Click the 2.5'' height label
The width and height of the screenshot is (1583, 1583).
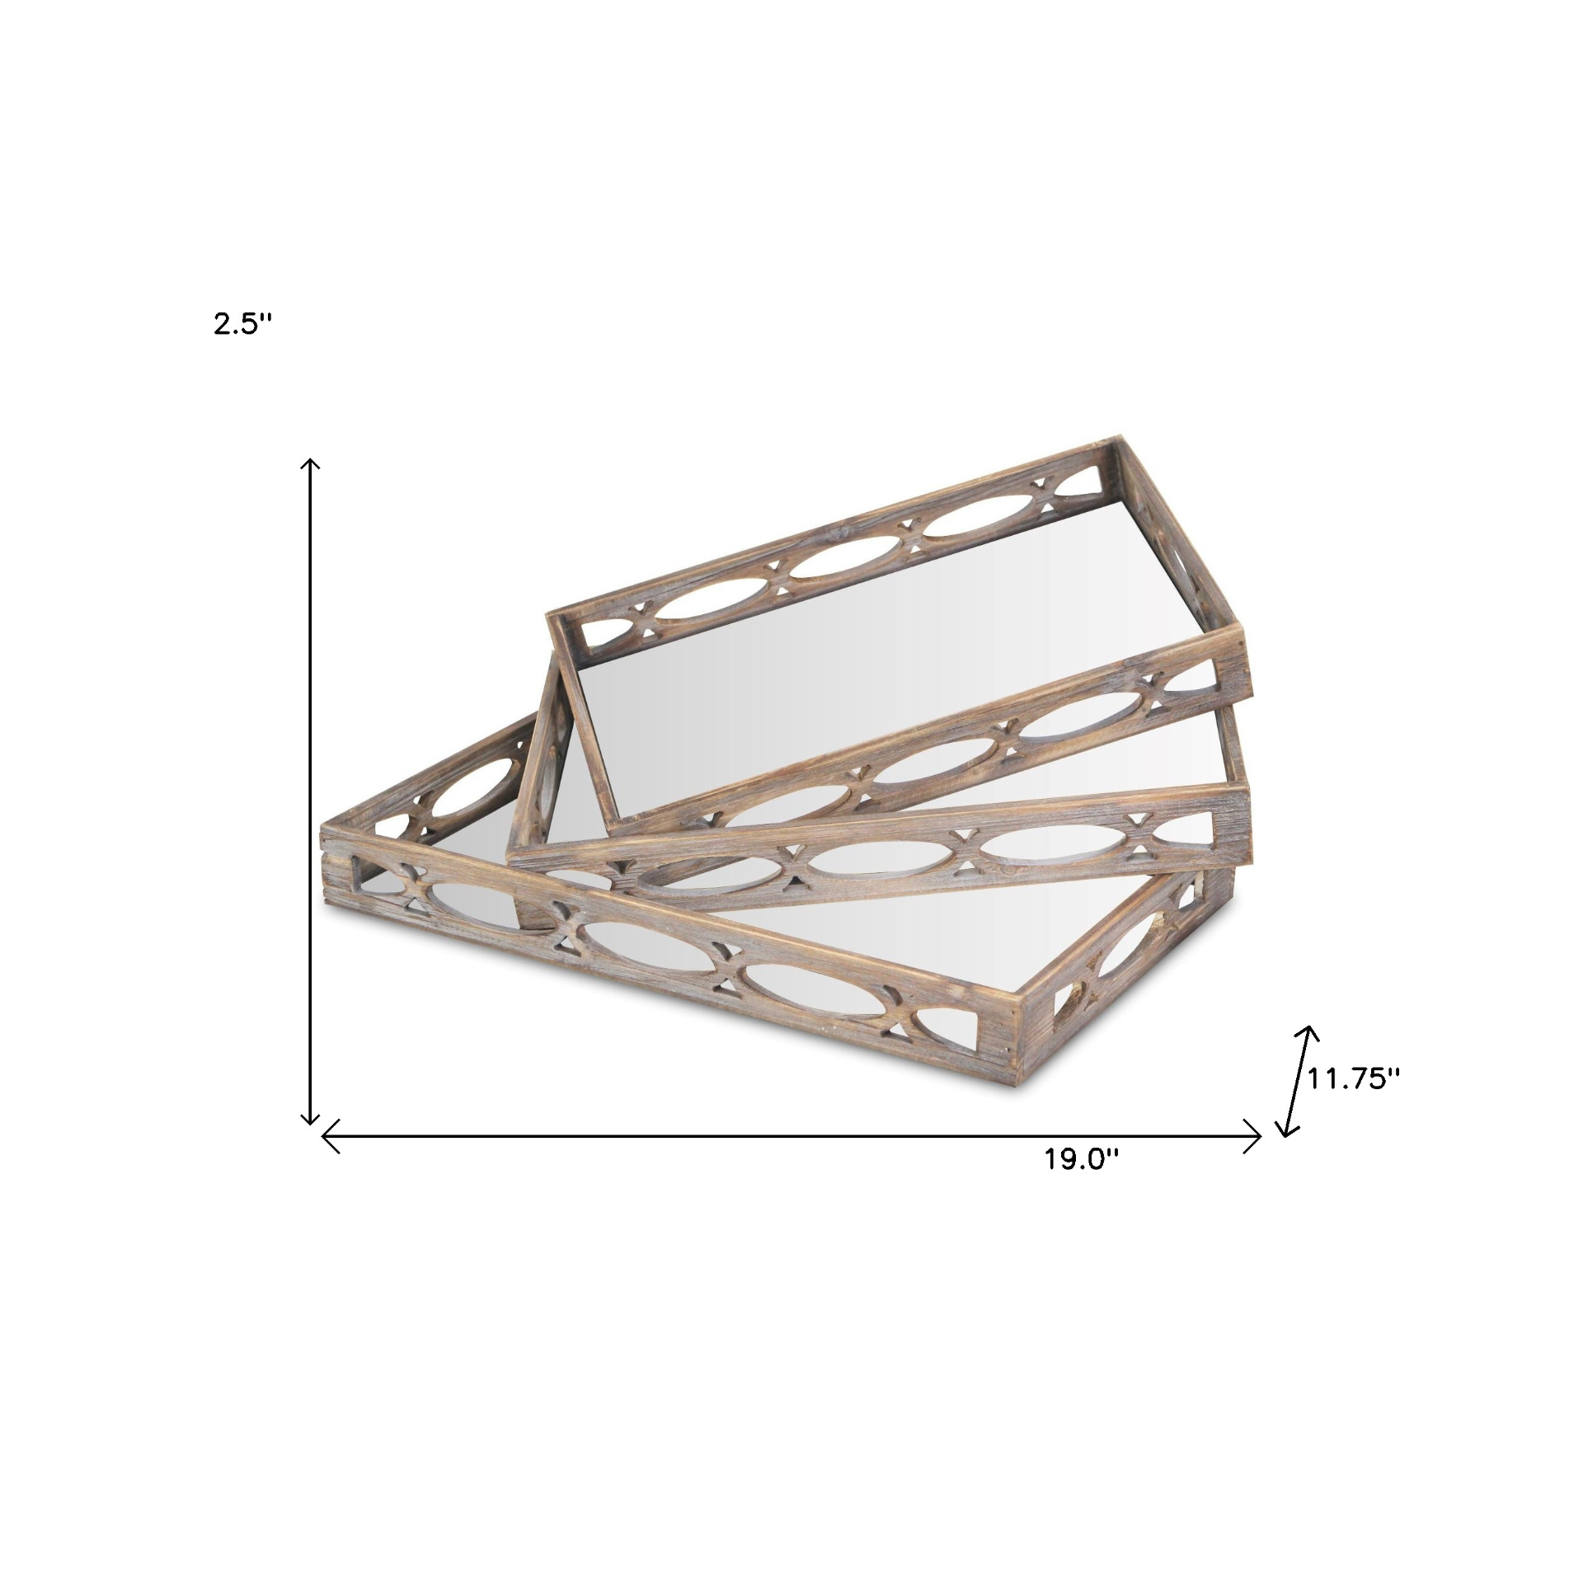click(x=242, y=324)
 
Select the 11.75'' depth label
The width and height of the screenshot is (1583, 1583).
click(x=1354, y=1078)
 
